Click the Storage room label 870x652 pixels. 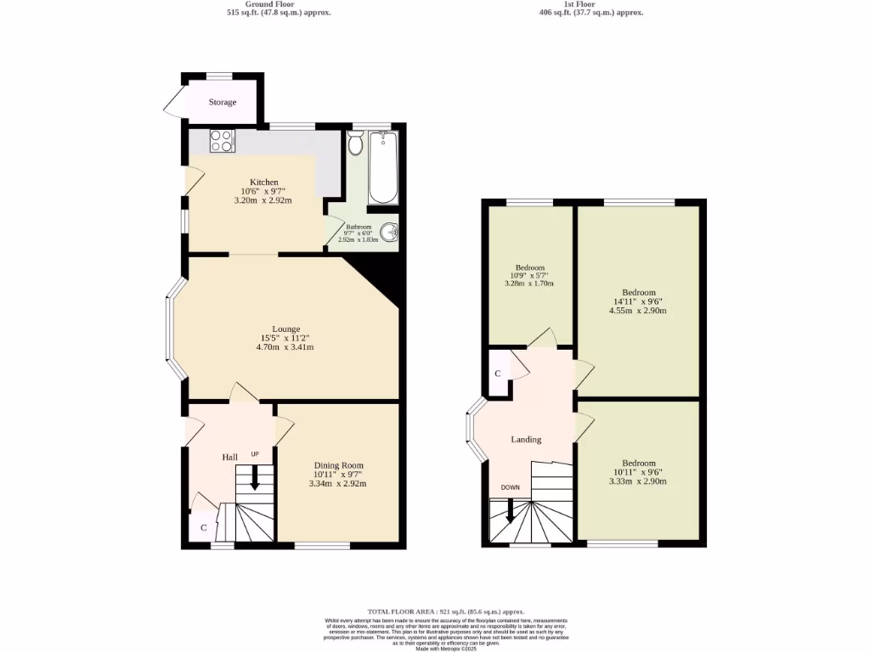[x=223, y=102]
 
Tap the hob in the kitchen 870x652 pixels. [x=222, y=139]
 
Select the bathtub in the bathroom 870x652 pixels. [x=383, y=169]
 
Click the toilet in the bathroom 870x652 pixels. [x=355, y=144]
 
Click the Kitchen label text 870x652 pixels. [x=263, y=182]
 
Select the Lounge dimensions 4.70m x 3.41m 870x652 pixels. [x=285, y=346]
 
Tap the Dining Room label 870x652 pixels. [x=338, y=465]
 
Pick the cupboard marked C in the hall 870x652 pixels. [x=204, y=527]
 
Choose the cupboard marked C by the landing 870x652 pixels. [x=498, y=374]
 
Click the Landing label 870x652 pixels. [x=526, y=439]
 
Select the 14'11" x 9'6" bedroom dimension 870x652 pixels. [x=638, y=301]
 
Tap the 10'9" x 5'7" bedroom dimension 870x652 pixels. [x=528, y=274]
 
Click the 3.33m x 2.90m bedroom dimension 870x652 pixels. [x=638, y=481]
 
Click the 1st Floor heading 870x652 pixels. [x=591, y=4]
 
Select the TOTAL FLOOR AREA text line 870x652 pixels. [x=445, y=611]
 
